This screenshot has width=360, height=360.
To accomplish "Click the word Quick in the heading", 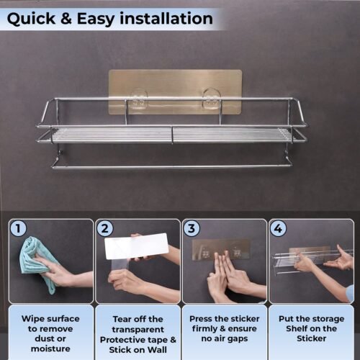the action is point(31,19).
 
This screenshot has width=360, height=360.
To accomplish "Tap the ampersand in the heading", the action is point(66,19).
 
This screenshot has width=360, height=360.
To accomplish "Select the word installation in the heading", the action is point(166,18).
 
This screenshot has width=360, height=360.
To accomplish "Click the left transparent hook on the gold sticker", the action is point(139,99).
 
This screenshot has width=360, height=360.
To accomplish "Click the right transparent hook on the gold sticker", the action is point(212,99).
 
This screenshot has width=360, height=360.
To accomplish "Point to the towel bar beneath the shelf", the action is point(172,166).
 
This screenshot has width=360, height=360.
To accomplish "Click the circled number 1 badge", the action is point(18,228).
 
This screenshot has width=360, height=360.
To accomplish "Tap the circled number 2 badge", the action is point(105,228).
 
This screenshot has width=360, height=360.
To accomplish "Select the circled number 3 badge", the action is point(192,228).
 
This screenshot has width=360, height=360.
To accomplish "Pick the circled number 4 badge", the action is point(278,228).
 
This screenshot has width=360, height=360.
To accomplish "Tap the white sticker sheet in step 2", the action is point(136,246).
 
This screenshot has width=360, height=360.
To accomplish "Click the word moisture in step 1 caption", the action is point(50,348).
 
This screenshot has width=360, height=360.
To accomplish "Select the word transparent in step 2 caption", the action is point(138,330).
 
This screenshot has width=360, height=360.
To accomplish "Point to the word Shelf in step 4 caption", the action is point(296,328).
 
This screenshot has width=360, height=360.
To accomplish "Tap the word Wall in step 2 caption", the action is point(157,350).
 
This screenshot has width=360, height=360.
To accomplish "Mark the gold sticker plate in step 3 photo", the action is point(221,250).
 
